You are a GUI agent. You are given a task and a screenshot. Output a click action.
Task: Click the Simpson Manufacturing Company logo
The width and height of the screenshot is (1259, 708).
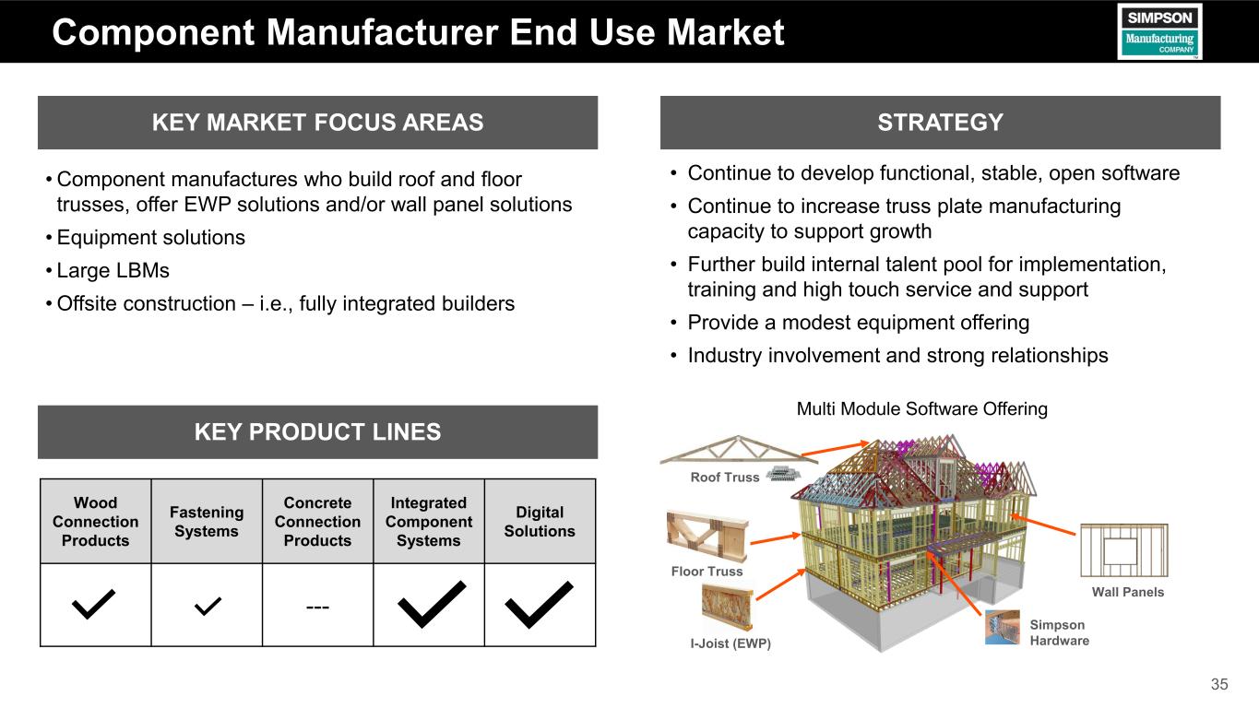pyautogui.click(x=1159, y=31)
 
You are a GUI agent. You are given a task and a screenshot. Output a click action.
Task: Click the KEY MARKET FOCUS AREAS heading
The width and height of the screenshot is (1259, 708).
pyautogui.click(x=317, y=123)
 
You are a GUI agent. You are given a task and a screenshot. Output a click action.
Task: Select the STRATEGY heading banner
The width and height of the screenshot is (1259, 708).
pyautogui.click(x=940, y=123)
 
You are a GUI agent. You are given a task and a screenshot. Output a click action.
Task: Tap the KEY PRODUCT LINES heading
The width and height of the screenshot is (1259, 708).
pyautogui.click(x=317, y=431)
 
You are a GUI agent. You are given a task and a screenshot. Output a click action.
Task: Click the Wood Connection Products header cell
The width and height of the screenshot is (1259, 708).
pyautogui.click(x=95, y=522)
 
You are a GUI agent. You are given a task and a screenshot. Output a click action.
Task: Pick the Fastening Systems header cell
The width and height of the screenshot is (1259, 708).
pyautogui.click(x=207, y=522)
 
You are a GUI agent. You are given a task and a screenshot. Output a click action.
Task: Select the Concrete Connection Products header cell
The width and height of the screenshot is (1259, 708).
pyautogui.click(x=317, y=522)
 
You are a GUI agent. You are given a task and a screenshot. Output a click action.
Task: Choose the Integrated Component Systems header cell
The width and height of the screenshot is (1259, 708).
pyautogui.click(x=428, y=522)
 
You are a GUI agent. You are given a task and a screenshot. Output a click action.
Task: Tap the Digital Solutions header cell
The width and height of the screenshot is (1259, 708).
pyautogui.click(x=540, y=522)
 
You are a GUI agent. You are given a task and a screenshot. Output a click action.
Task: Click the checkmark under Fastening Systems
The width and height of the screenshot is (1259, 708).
pyautogui.click(x=208, y=605)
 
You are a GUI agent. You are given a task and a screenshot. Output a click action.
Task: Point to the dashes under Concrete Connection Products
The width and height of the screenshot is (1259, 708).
pyautogui.click(x=317, y=606)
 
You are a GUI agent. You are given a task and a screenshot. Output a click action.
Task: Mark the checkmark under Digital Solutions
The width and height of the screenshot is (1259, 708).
pyautogui.click(x=540, y=604)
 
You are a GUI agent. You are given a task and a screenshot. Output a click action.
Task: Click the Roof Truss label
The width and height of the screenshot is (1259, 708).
pyautogui.click(x=725, y=477)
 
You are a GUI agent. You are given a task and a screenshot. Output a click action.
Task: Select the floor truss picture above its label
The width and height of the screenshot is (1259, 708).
pyautogui.click(x=707, y=535)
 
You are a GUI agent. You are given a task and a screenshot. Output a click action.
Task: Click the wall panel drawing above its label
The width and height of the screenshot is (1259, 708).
pyautogui.click(x=1123, y=550)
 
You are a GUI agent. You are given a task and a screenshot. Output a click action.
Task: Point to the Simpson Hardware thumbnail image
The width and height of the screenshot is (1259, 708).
pyautogui.click(x=1003, y=627)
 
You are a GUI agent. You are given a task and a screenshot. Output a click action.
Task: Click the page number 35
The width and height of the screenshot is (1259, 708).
pyautogui.click(x=1219, y=684)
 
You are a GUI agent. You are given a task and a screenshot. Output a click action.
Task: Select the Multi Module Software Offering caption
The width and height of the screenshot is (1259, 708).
pyautogui.click(x=921, y=408)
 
